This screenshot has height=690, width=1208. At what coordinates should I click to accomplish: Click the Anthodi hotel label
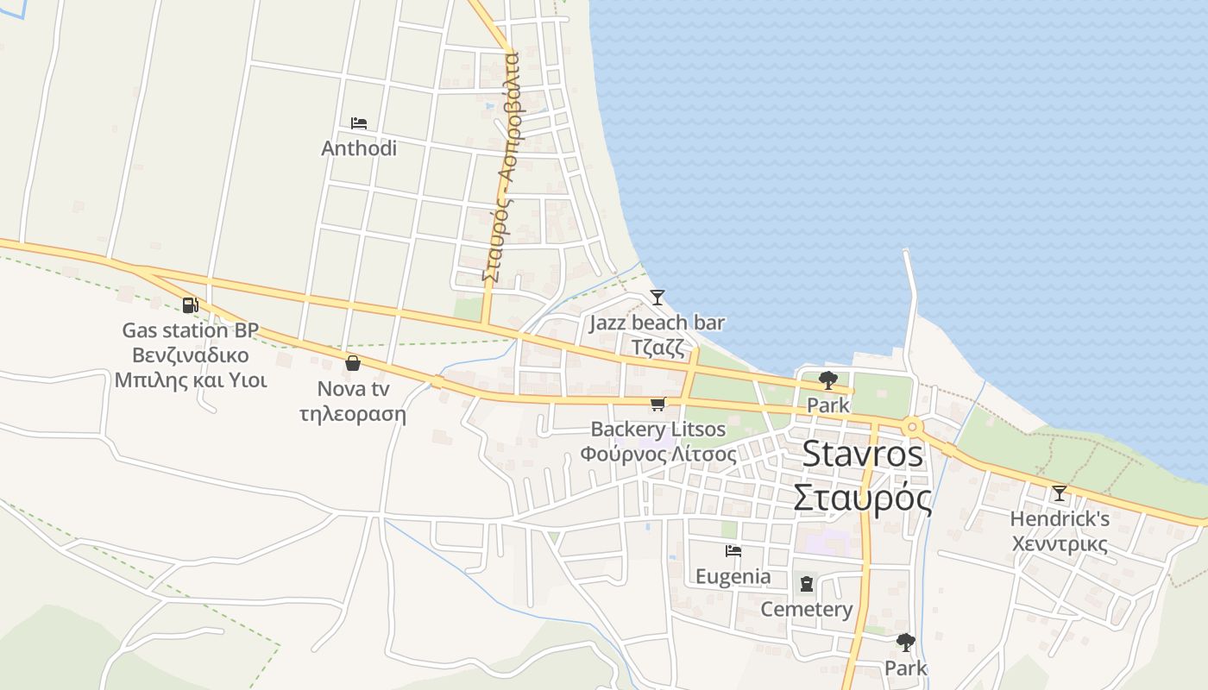[359, 148]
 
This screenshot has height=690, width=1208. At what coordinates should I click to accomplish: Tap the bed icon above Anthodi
[359, 123]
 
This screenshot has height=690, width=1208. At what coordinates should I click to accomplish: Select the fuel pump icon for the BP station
[190, 304]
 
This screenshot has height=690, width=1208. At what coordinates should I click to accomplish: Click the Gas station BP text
[190, 330]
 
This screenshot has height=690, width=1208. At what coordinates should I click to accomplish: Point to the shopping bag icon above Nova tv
[352, 363]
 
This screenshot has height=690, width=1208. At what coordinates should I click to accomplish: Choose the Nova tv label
[353, 389]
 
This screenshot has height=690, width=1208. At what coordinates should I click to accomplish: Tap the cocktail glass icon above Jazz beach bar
[657, 298]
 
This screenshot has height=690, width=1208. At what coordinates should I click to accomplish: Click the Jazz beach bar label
[657, 323]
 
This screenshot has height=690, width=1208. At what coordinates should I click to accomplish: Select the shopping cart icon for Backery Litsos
[658, 404]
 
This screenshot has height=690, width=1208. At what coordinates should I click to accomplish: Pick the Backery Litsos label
[658, 430]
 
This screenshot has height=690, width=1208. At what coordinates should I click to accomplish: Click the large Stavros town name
[863, 455]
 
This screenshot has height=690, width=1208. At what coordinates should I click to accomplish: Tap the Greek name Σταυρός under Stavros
[863, 498]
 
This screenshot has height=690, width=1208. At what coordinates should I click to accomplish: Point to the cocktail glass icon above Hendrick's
[1059, 493]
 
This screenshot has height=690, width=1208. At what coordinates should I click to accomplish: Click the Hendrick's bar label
[1060, 519]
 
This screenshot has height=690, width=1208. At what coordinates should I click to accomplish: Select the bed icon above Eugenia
[733, 550]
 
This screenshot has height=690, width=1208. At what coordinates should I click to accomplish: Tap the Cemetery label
[806, 610]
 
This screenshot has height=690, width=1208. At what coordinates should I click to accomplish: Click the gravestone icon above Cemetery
[806, 584]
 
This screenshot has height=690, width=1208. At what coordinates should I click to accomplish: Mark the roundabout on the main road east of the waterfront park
[911, 426]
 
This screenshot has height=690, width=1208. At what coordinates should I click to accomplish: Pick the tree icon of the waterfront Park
[827, 379]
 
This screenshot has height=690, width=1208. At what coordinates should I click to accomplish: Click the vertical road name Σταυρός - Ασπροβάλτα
[500, 168]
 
